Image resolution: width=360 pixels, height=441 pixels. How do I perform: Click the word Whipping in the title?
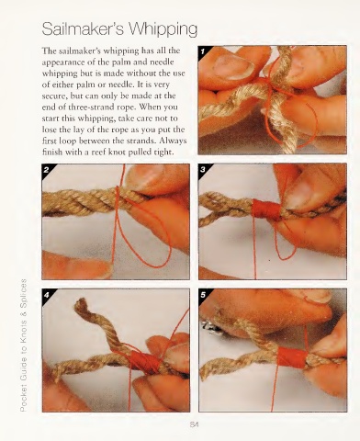163,30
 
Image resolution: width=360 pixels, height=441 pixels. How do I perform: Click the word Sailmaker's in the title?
83,28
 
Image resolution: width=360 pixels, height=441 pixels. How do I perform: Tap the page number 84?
194,424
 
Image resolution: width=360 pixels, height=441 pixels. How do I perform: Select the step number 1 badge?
203,51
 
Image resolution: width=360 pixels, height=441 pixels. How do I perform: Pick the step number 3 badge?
203,169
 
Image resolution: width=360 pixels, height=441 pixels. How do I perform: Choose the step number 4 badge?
47,295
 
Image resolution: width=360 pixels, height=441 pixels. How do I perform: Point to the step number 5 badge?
203,295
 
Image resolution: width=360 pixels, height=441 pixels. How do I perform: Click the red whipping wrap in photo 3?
265,209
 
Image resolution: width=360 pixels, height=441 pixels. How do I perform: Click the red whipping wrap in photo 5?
292,357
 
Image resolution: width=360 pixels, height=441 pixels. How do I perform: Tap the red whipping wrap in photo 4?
144,362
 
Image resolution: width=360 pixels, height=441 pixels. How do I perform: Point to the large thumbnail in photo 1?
232,66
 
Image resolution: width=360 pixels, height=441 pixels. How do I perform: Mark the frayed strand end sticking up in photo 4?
81,304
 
